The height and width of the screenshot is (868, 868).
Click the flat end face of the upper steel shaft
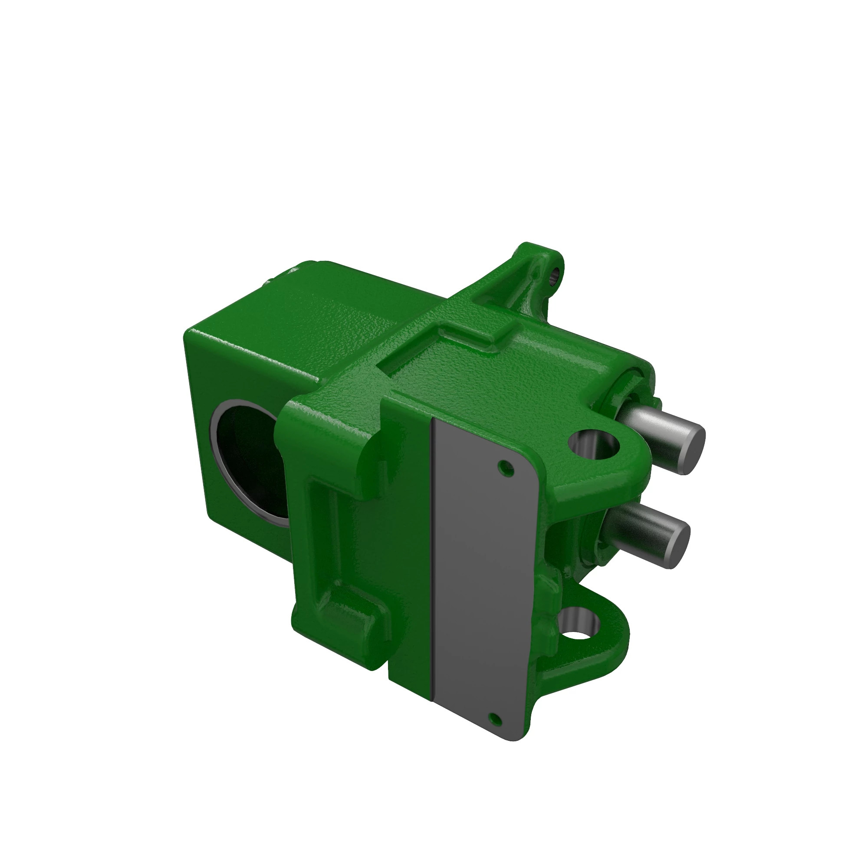(x=692, y=449)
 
